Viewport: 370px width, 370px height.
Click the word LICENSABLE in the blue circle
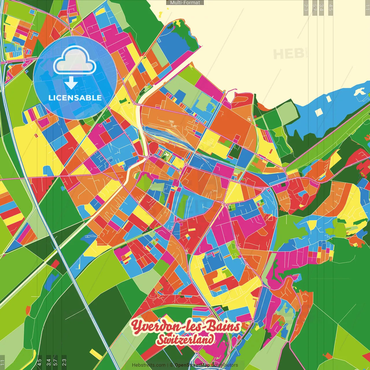coord(75,98)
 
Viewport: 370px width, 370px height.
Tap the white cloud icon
coord(75,60)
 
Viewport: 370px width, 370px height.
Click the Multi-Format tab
coord(185,3)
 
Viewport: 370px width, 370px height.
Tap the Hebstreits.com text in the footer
coord(149,365)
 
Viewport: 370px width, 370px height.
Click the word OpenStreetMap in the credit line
coord(192,365)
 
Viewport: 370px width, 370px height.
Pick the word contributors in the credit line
coord(225,365)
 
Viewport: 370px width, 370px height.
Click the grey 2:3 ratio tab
coord(306,7)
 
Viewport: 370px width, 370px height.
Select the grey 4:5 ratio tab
coord(331,7)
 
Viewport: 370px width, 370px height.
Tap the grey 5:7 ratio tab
coord(314,7)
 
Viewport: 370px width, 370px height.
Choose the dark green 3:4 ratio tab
coord(49,362)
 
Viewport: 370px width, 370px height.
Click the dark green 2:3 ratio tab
coord(64,362)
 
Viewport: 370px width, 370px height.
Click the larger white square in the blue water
coord(319,112)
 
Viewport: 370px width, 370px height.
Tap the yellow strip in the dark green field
coord(96,354)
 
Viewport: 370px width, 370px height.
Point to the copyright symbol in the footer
coord(171,365)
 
